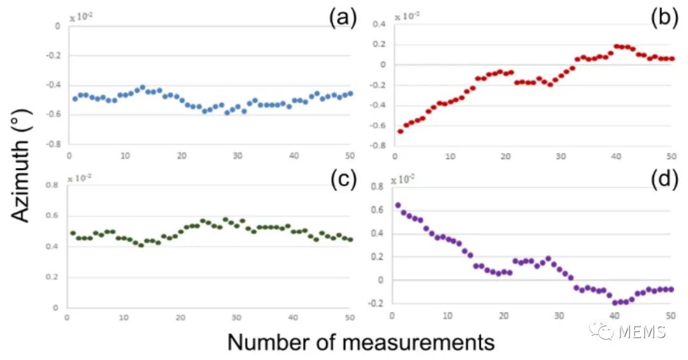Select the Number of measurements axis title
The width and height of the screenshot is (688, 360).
(x=361, y=342)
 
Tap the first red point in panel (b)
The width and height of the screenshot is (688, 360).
(x=400, y=131)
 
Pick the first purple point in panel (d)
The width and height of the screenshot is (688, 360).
(x=398, y=205)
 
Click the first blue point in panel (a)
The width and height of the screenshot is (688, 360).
(x=75, y=99)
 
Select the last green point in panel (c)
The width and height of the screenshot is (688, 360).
(x=350, y=240)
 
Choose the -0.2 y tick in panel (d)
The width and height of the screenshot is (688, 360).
(x=376, y=303)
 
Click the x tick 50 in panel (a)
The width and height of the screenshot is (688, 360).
(x=350, y=155)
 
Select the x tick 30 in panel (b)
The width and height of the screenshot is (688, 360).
(x=561, y=156)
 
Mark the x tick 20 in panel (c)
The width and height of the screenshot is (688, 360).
(x=181, y=317)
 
